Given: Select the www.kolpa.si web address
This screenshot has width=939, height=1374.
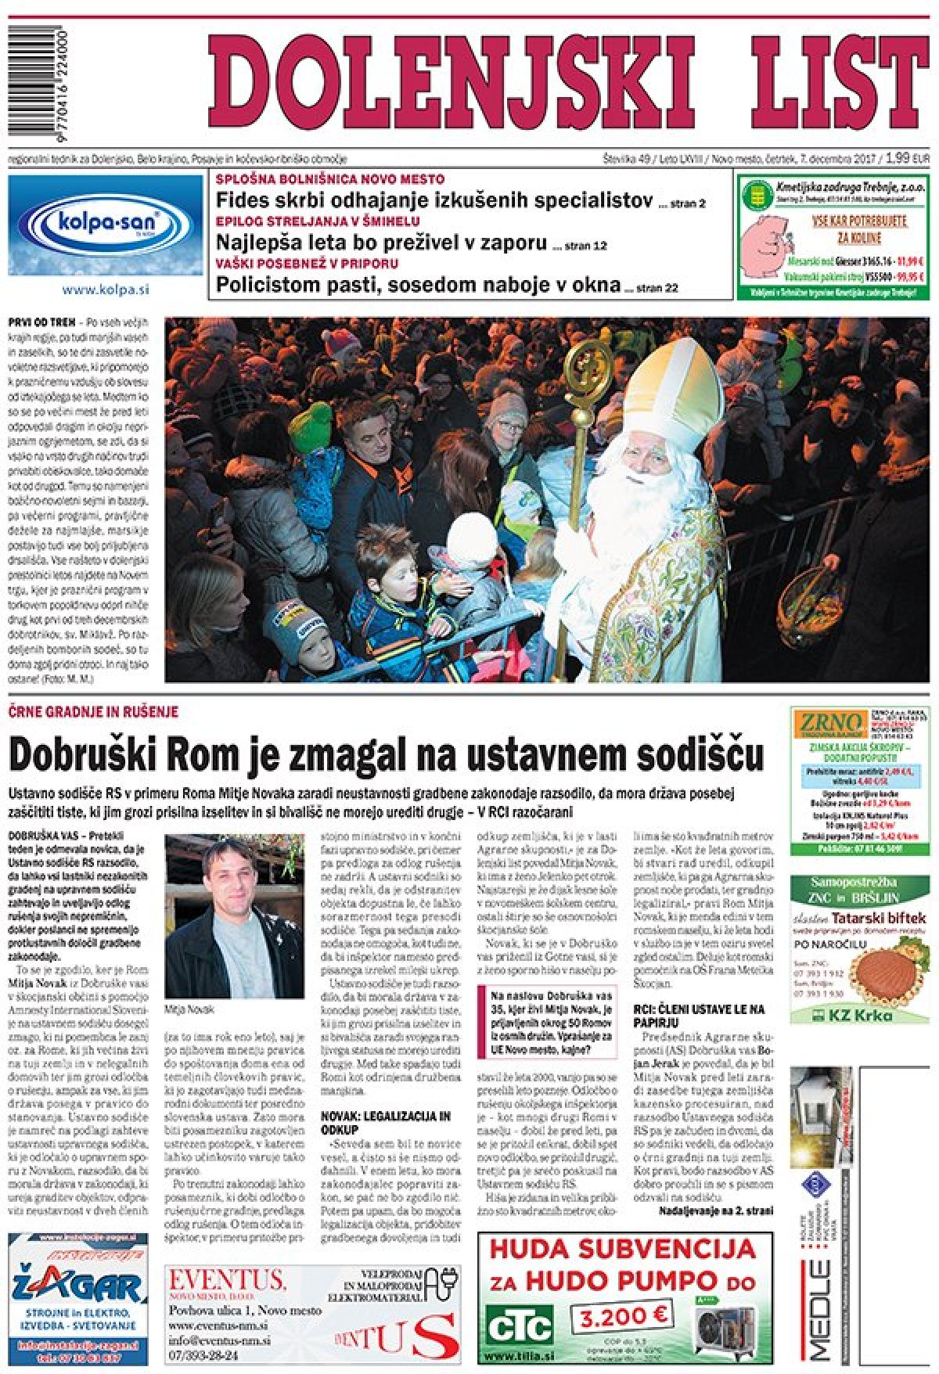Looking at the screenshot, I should click(x=106, y=289).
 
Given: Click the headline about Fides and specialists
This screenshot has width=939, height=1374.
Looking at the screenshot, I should click(x=434, y=201).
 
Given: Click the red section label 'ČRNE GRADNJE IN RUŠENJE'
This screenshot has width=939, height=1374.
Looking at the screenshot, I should click(x=94, y=711).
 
